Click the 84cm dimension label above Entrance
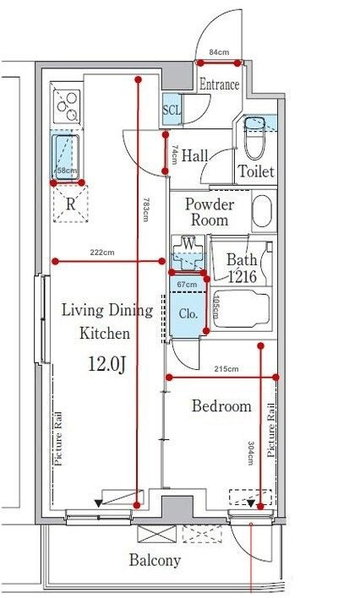click(219, 52)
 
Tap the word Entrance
click(220, 84)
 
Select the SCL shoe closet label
click(172, 110)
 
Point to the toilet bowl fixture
click(254, 138)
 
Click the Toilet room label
click(256, 171)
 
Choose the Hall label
click(194, 155)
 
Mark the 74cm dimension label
click(174, 154)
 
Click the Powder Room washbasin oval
click(264, 210)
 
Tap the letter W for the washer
click(188, 242)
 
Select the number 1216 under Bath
click(242, 277)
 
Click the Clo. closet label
click(188, 314)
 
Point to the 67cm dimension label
click(188, 284)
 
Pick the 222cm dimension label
click(102, 252)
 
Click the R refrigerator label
click(71, 204)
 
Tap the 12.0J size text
click(107, 363)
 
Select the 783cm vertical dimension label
click(145, 209)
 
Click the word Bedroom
click(221, 405)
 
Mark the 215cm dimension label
click(226, 369)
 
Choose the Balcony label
click(155, 561)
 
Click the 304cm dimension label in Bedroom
click(251, 453)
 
